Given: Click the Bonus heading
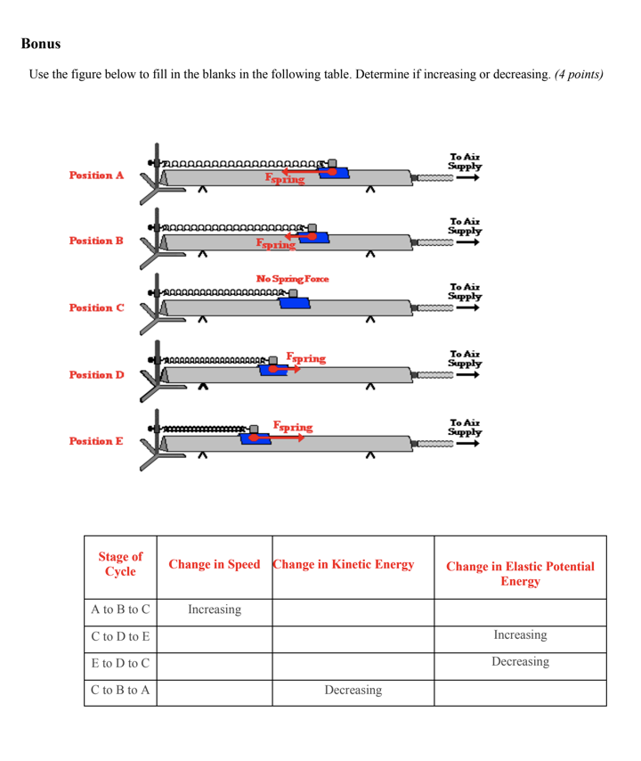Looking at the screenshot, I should tap(41, 43).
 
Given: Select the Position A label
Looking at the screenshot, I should tap(96, 176).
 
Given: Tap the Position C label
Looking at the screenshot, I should tap(96, 308).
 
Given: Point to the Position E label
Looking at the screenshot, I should tap(96, 441).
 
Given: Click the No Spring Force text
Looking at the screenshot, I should tap(292, 279).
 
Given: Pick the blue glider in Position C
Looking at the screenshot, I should tap(295, 303).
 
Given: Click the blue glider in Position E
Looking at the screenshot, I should tap(256, 438).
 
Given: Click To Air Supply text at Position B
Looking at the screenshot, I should tap(465, 225).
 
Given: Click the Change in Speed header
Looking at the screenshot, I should tap(214, 565).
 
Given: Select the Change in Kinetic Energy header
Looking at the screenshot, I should tap(344, 564).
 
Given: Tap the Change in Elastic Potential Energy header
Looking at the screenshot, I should tap(520, 574).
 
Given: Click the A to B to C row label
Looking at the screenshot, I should tap(120, 611).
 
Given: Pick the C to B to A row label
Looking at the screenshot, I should tap(120, 691).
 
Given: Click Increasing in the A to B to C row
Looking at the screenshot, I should tap(214, 611).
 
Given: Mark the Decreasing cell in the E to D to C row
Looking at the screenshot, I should tap(520, 664).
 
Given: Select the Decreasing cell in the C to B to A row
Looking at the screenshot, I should tap(354, 691).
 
